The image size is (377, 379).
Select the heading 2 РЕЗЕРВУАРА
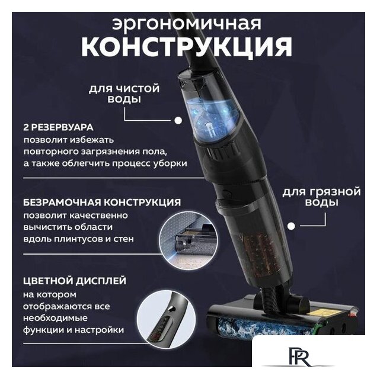pyautogui.click(x=59, y=128)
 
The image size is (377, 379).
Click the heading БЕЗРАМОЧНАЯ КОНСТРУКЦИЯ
pyautogui.click(x=103, y=202)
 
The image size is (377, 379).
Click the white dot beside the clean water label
pyautogui.click(x=177, y=120)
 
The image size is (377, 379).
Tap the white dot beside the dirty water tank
pyautogui.click(x=292, y=226)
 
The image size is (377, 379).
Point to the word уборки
pyautogui.click(x=170, y=163)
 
